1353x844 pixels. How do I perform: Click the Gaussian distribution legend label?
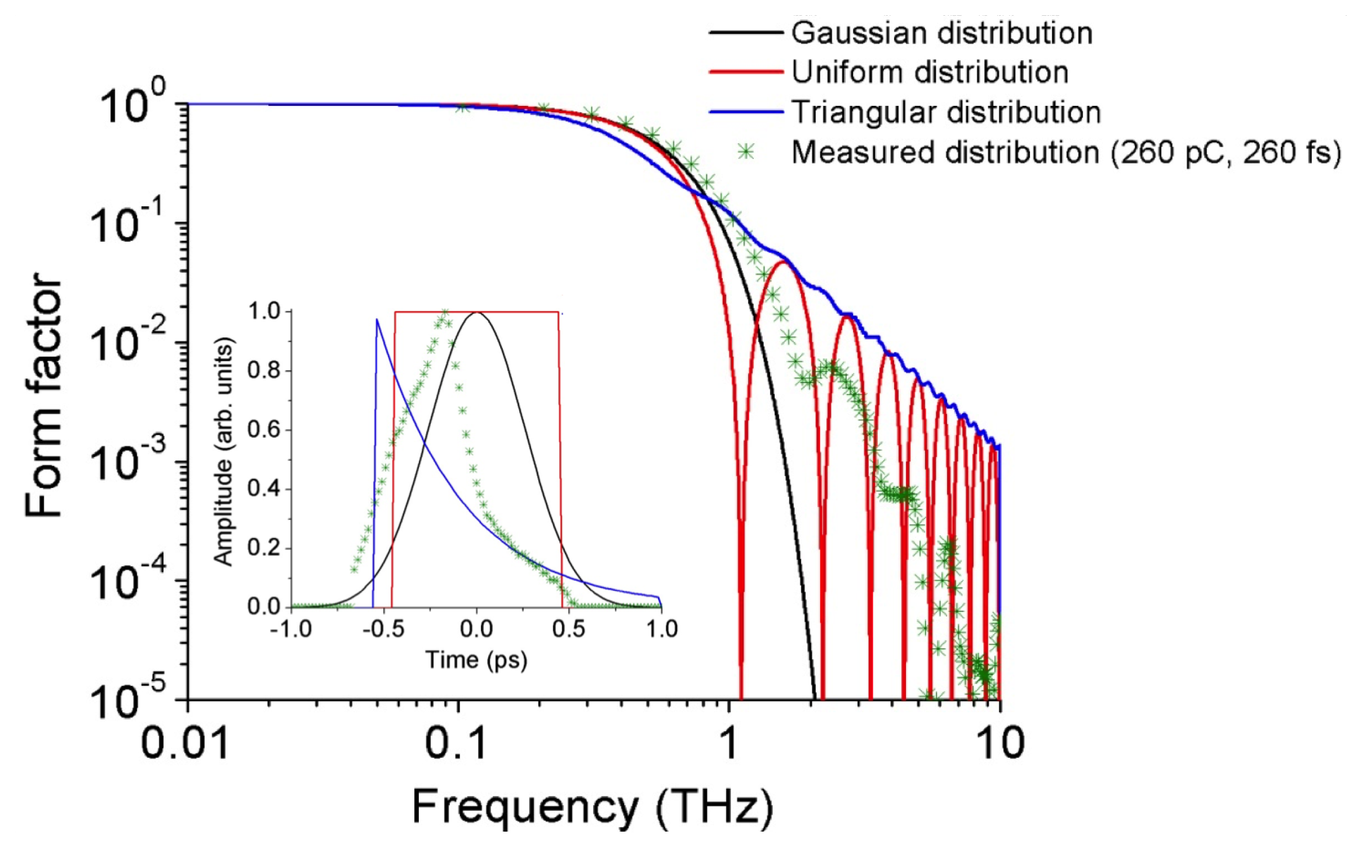click(941, 33)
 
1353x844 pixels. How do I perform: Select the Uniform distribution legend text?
click(930, 72)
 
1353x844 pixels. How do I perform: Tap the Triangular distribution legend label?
click(946, 112)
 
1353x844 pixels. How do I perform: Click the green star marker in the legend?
click(746, 152)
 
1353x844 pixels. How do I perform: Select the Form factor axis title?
click(44, 394)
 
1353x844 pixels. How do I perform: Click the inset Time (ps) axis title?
click(476, 659)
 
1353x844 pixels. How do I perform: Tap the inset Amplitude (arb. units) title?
click(223, 451)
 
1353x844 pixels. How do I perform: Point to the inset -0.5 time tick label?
click(383, 628)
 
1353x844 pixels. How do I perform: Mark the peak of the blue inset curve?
click(377, 320)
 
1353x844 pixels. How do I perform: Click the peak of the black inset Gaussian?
click(477, 313)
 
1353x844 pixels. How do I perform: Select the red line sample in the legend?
click(746, 72)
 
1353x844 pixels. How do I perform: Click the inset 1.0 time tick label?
click(661, 628)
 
